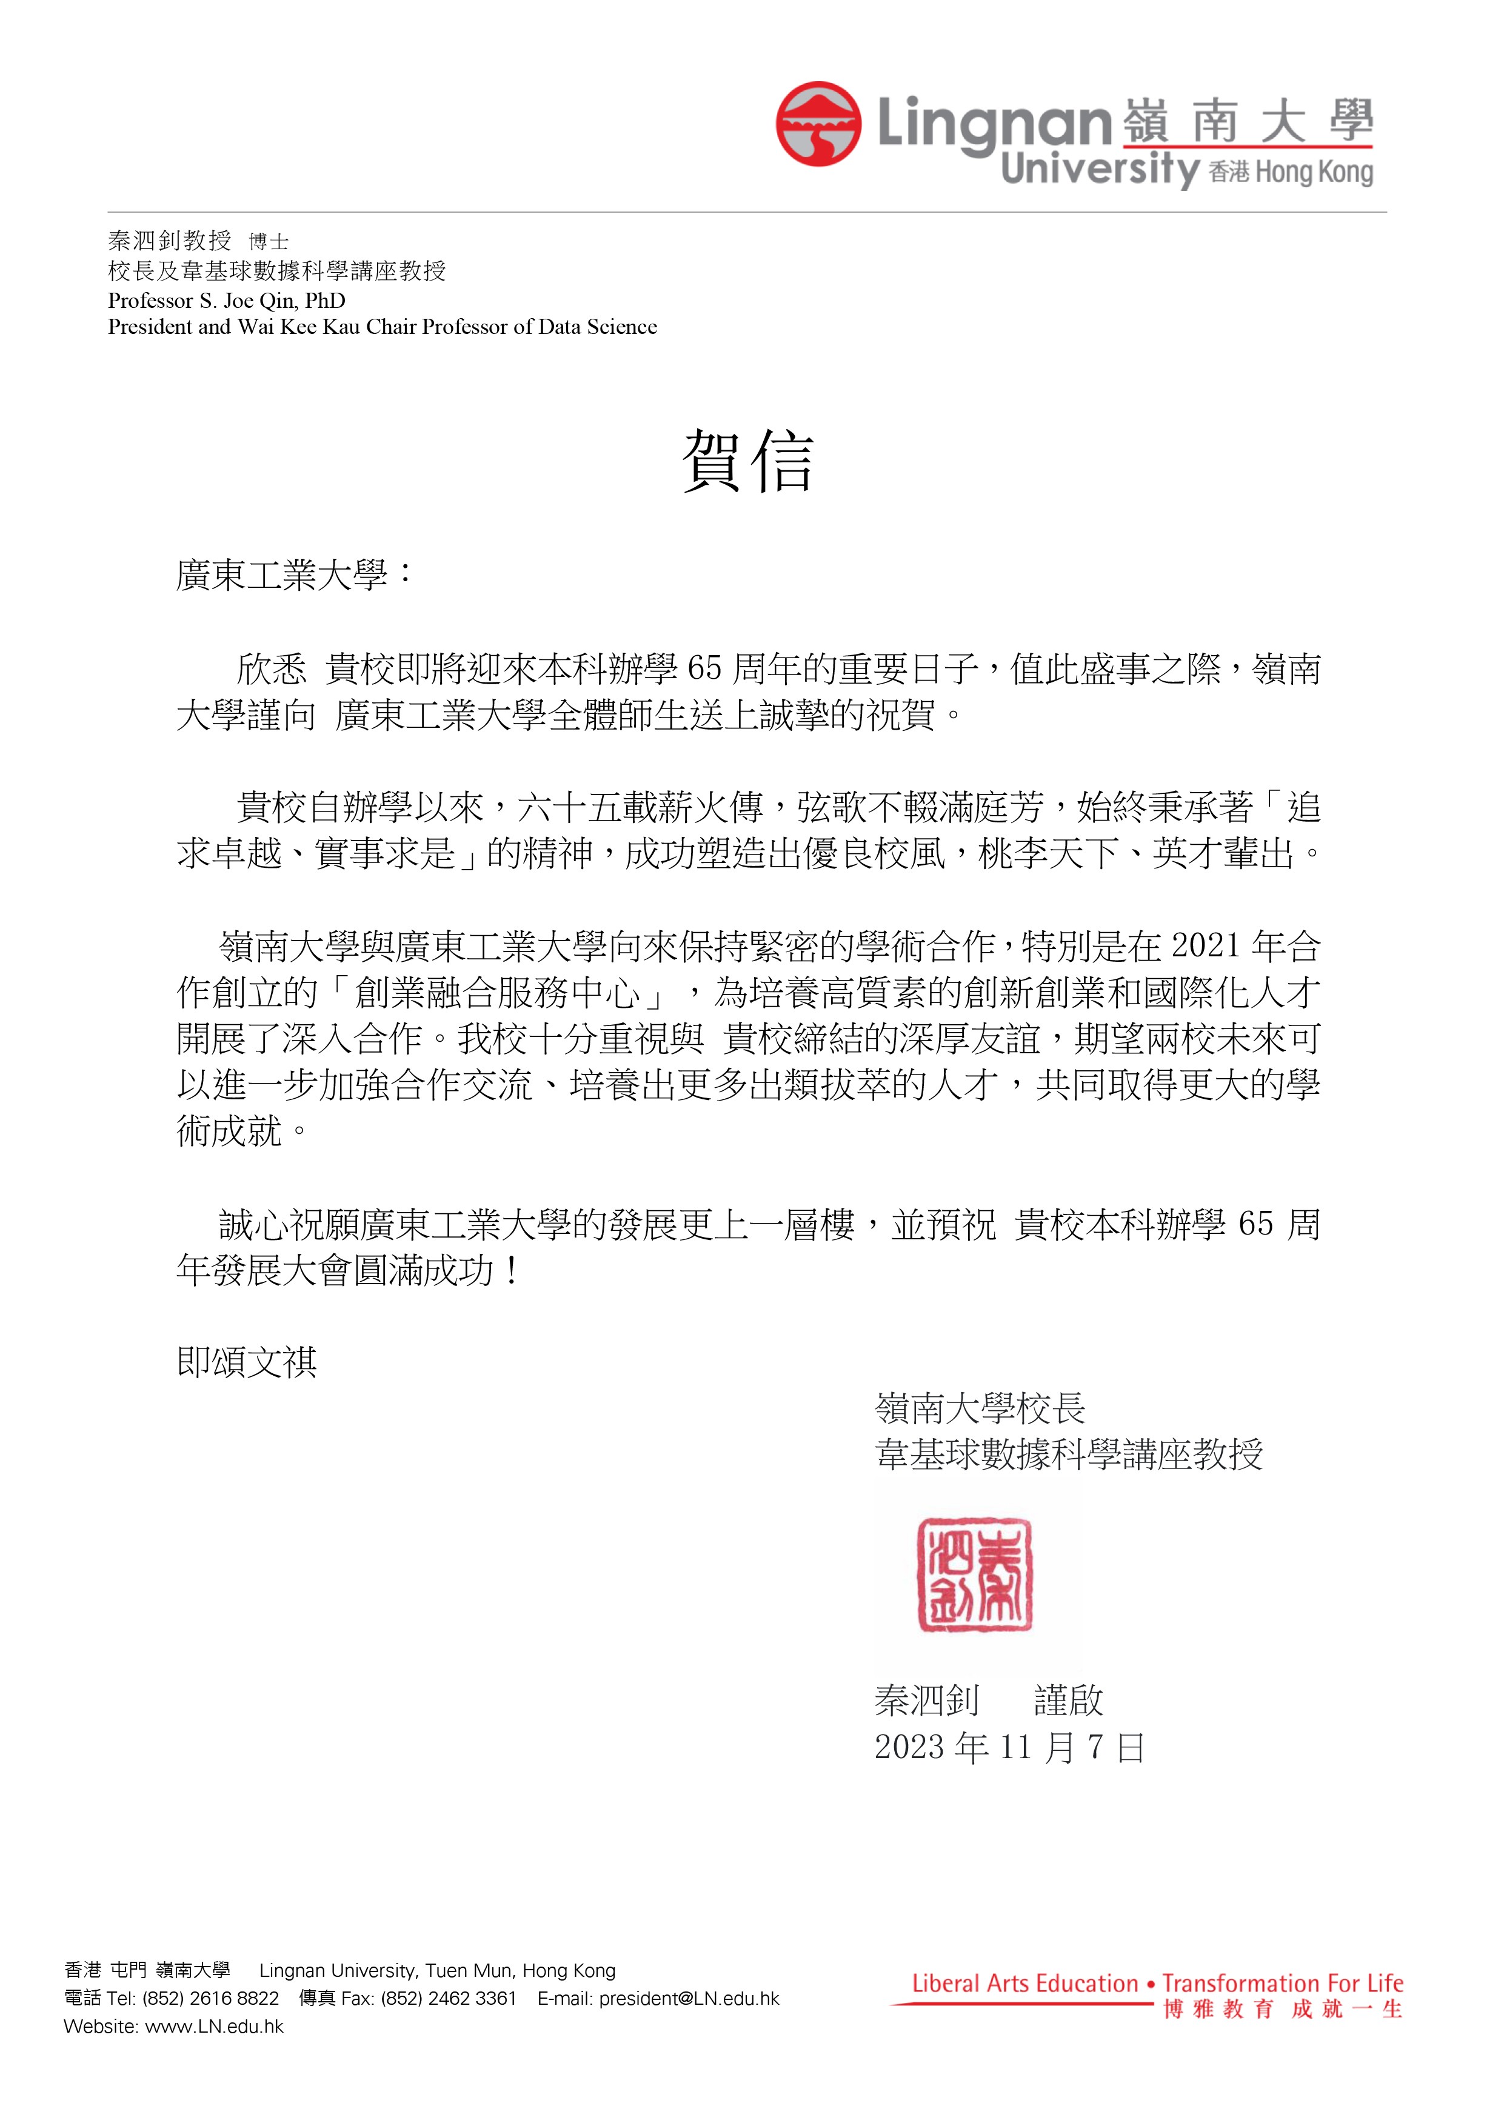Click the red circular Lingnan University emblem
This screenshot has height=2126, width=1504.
pyautogui.click(x=818, y=125)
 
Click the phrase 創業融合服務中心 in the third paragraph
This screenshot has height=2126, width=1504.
pyautogui.click(x=496, y=993)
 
